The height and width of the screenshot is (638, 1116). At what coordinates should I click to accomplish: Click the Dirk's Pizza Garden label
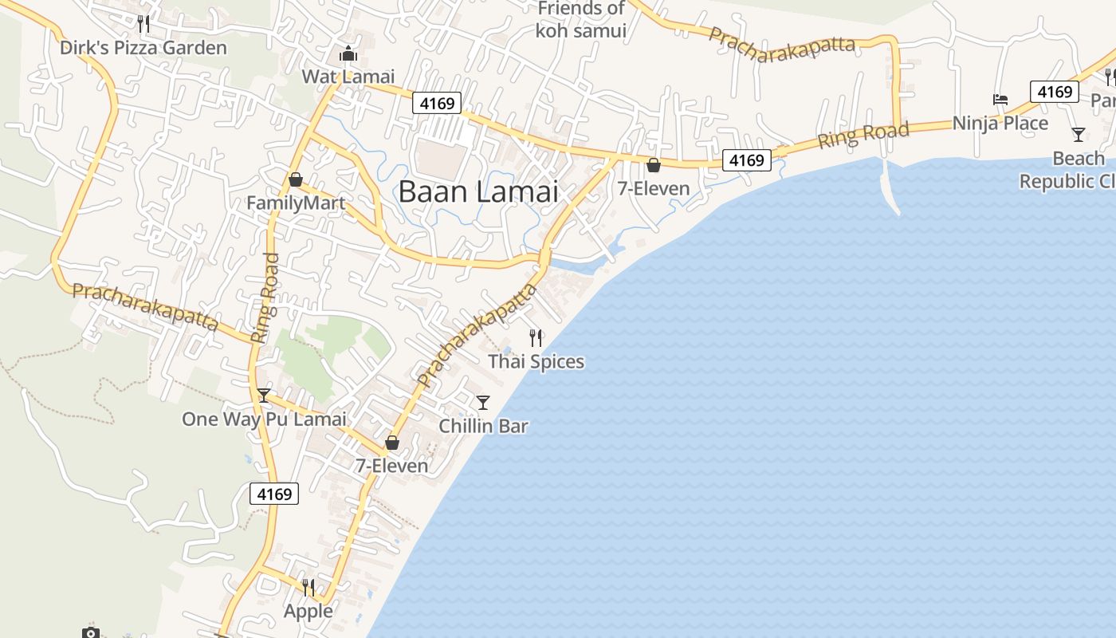tap(143, 48)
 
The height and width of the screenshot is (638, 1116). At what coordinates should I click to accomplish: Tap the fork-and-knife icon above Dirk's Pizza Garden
tap(143, 24)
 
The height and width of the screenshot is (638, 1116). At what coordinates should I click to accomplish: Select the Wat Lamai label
tap(348, 77)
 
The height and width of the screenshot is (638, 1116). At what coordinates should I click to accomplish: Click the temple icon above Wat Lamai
tap(348, 54)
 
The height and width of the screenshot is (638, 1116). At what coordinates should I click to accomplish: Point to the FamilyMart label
tap(296, 203)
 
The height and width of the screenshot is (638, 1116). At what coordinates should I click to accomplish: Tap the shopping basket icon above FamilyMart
tap(296, 179)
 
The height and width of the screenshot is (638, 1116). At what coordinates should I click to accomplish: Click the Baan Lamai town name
tap(478, 192)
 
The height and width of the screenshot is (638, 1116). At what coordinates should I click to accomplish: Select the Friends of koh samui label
tap(581, 20)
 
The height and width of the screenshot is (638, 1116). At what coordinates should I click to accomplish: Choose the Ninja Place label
tap(1000, 123)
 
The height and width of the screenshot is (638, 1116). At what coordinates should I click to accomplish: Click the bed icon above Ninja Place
tap(1000, 100)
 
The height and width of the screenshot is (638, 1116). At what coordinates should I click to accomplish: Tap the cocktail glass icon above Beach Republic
tap(1079, 135)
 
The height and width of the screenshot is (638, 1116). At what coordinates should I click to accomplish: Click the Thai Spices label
tap(536, 361)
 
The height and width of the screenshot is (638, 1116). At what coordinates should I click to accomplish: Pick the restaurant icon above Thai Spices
tap(536, 338)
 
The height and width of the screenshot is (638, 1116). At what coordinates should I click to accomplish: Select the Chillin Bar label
tap(483, 426)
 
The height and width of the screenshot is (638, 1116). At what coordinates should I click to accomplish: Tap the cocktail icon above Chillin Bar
tap(483, 402)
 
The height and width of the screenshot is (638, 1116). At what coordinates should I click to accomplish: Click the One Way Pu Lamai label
tap(264, 419)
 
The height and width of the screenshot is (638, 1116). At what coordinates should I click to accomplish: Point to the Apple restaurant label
tap(308, 611)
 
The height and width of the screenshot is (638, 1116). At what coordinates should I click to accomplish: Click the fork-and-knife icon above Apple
tap(308, 588)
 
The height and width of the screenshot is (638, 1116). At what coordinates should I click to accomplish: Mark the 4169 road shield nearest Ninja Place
tap(1055, 92)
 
